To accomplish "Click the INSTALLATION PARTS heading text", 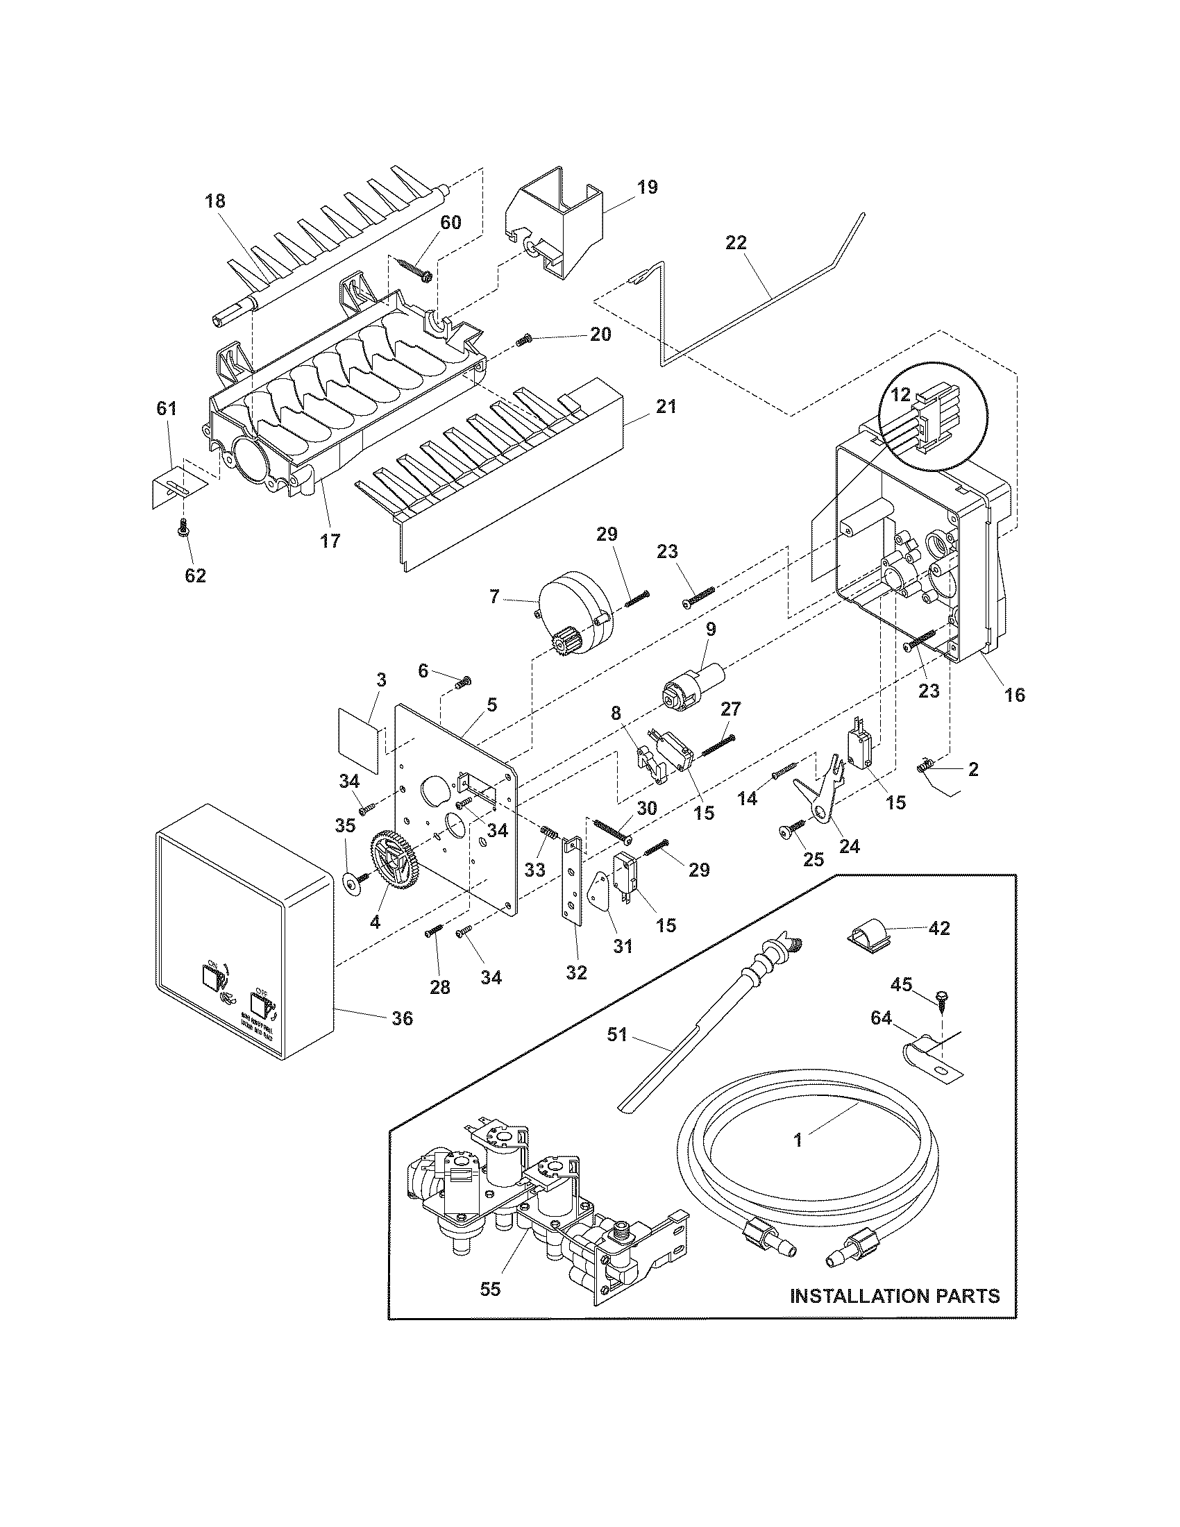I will [894, 1296].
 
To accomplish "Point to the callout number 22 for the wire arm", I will [736, 243].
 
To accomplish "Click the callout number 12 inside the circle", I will [901, 395].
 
